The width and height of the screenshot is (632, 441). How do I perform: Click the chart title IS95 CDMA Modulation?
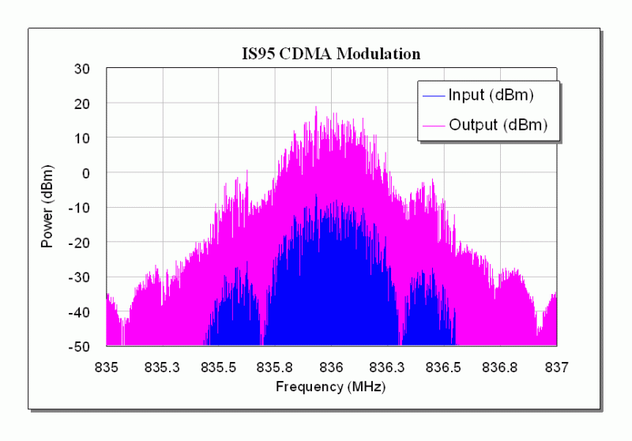[x=331, y=54]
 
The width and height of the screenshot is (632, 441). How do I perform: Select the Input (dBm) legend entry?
[x=491, y=96]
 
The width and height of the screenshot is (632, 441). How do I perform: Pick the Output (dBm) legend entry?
[x=498, y=124]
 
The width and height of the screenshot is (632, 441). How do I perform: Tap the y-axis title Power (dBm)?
[x=47, y=207]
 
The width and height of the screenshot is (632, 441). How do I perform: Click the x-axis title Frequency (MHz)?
[x=331, y=386]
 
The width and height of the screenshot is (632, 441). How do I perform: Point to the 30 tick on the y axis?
[x=81, y=69]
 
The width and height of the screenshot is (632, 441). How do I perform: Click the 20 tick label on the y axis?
[x=81, y=104]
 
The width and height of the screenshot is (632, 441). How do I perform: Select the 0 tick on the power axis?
[x=86, y=173]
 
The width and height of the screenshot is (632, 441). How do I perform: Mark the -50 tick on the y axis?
[x=79, y=346]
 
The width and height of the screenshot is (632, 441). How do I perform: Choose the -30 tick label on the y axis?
[x=79, y=277]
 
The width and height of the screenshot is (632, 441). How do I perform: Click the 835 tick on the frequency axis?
[x=106, y=367]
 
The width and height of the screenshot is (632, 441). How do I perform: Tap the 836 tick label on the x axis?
[x=332, y=367]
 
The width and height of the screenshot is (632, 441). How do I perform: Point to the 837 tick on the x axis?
[x=557, y=367]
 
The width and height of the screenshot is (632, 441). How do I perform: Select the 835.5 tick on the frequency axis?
[x=219, y=367]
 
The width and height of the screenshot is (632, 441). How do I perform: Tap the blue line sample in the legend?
[x=433, y=96]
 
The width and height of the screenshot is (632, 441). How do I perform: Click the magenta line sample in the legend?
[x=433, y=125]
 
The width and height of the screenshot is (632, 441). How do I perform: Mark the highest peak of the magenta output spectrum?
[x=316, y=107]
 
